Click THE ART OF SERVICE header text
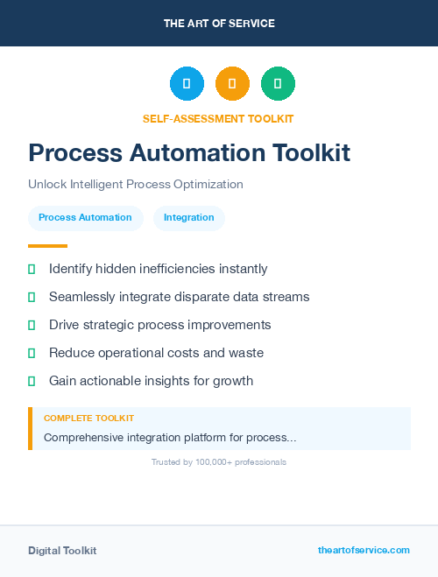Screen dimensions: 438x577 [219, 24]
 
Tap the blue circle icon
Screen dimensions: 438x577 [187, 83]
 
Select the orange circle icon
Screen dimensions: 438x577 [232, 83]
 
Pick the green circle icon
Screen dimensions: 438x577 [278, 83]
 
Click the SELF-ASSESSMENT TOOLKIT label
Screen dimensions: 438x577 [218, 118]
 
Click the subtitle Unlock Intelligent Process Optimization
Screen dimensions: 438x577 [135, 184]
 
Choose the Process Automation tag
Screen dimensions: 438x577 [85, 217]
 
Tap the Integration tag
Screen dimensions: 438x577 [188, 217]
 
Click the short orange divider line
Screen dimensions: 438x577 [47, 246]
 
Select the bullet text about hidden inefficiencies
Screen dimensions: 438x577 [158, 269]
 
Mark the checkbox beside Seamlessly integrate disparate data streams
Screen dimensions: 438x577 [32, 297]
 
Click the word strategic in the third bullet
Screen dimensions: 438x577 [118, 325]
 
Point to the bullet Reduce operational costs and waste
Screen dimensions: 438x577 [156, 353]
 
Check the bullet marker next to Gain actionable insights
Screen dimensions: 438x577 [32, 381]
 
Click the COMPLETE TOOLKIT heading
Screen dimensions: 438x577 [88, 419]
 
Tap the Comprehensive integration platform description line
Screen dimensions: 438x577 [170, 437]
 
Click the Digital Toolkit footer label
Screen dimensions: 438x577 [62, 550]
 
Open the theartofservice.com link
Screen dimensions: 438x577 [364, 550]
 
